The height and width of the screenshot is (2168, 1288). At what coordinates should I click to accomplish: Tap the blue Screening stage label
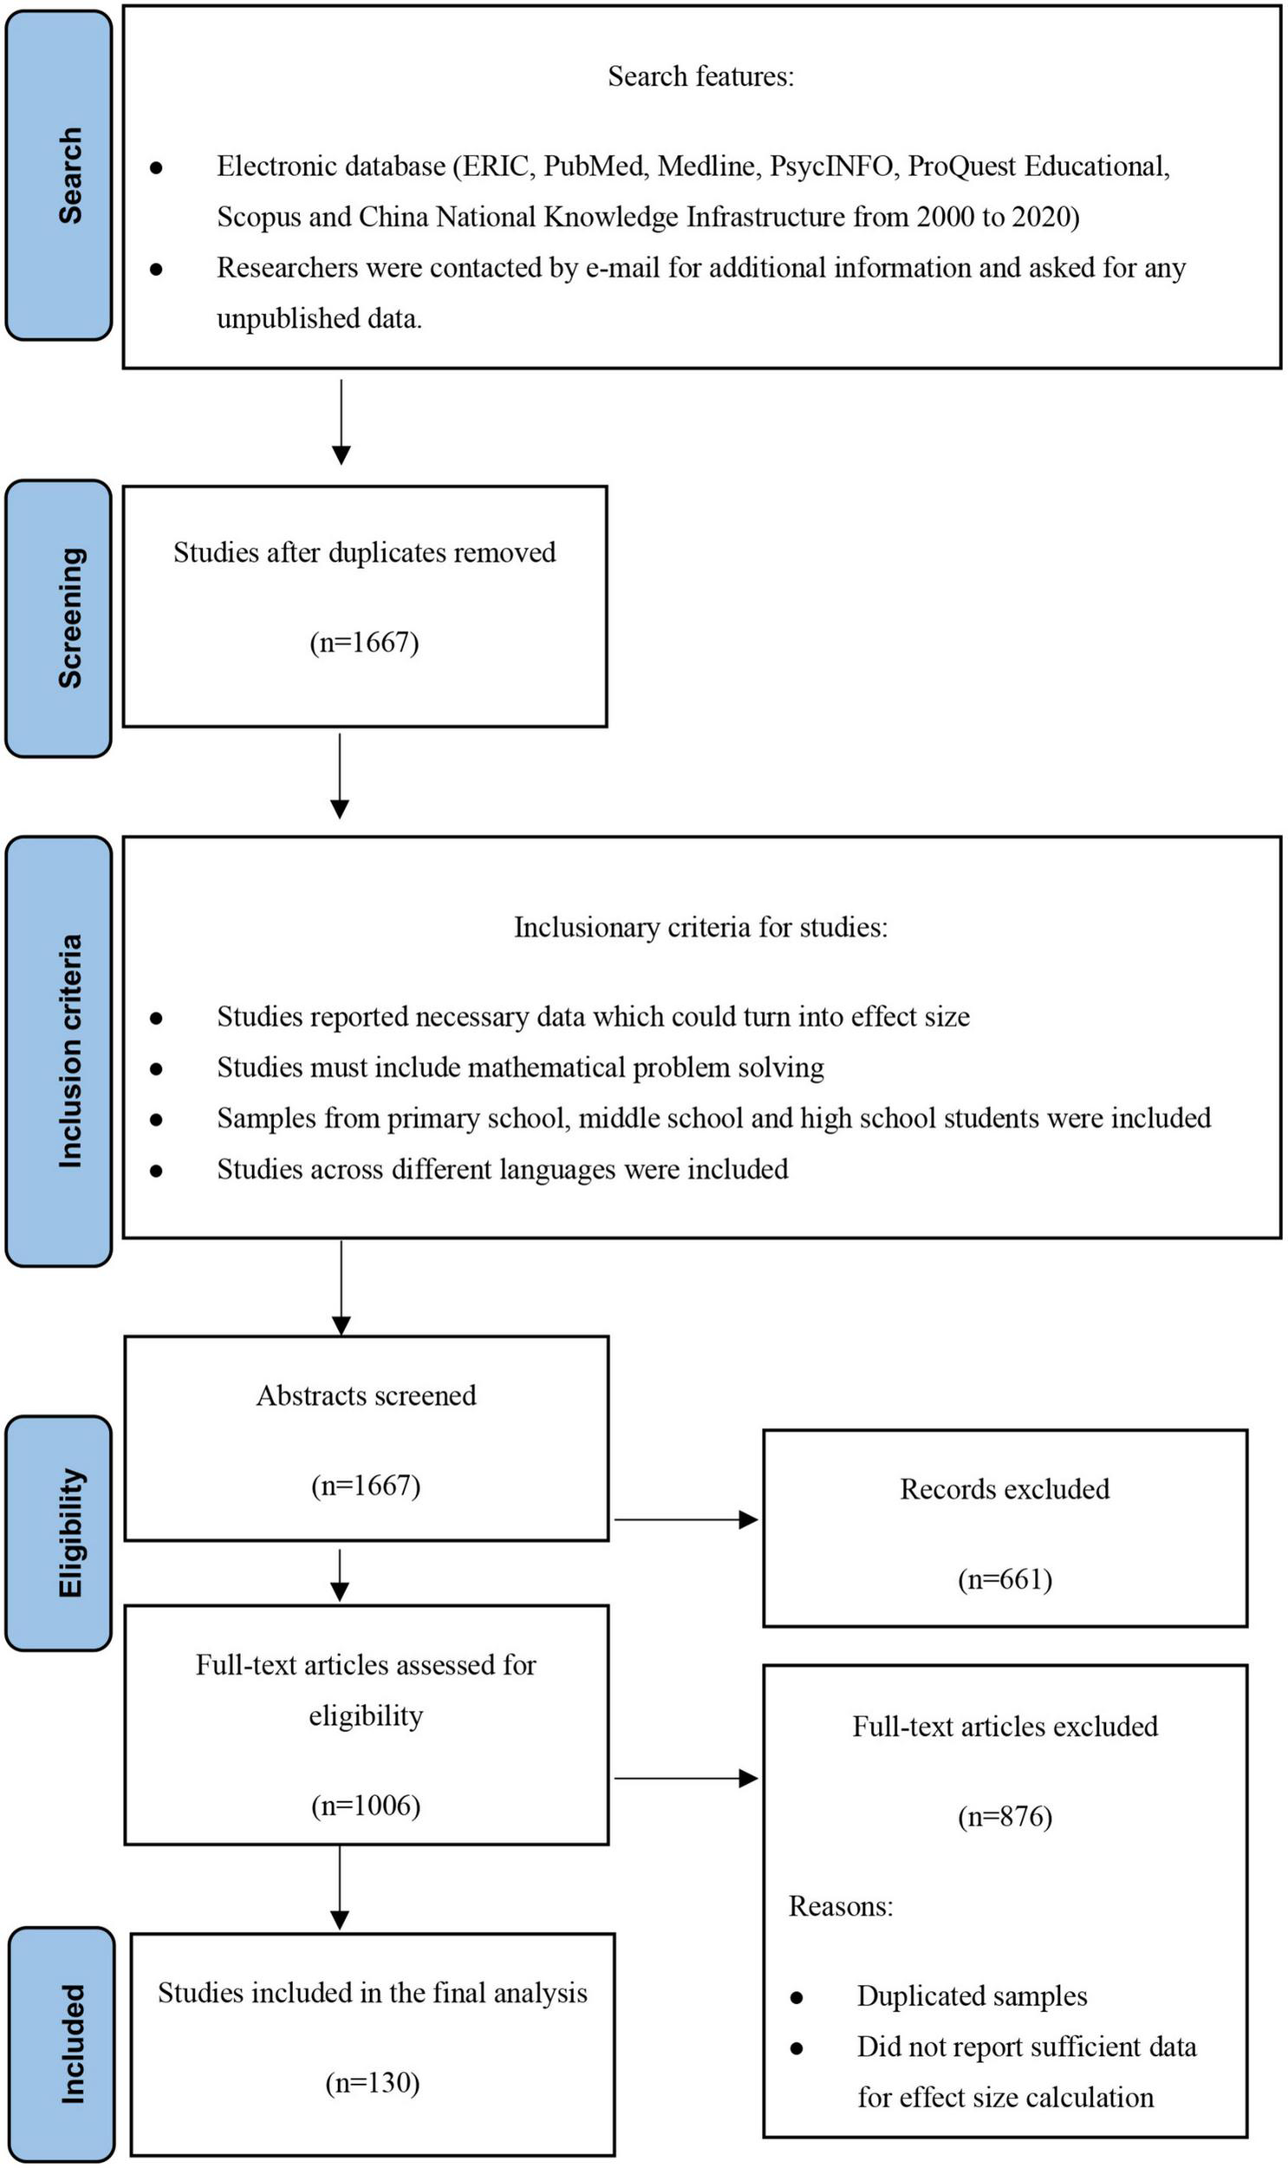pos(59,618)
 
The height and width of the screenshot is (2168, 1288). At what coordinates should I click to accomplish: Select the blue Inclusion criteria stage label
pos(59,1050)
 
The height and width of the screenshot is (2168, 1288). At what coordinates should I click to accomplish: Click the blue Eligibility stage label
pos(59,1533)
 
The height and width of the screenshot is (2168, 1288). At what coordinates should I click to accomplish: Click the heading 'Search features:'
pos(700,76)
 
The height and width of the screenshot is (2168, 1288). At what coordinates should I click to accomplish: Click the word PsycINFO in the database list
pos(832,166)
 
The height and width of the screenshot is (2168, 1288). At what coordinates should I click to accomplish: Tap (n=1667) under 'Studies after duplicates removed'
pos(365,643)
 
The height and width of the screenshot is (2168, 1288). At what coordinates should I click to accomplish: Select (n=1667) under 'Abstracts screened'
pos(366,1486)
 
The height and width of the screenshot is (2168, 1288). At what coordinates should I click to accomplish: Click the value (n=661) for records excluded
pos(1005,1579)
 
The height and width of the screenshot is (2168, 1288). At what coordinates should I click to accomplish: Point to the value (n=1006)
pos(366,1806)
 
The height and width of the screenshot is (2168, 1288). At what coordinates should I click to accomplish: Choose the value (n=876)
pos(1005,1817)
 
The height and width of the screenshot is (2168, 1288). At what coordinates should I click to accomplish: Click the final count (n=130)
pos(373,2083)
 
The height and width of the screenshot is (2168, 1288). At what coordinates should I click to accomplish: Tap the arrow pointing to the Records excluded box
pos(686,1519)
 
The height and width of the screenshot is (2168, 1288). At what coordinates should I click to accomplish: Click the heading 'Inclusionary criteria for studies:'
pos(700,927)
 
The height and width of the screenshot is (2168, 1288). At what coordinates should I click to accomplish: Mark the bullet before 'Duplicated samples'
pos(796,1998)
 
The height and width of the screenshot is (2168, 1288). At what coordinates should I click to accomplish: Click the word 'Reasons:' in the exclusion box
pos(840,1907)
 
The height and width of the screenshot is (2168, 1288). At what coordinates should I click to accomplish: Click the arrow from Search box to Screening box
pos(342,421)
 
